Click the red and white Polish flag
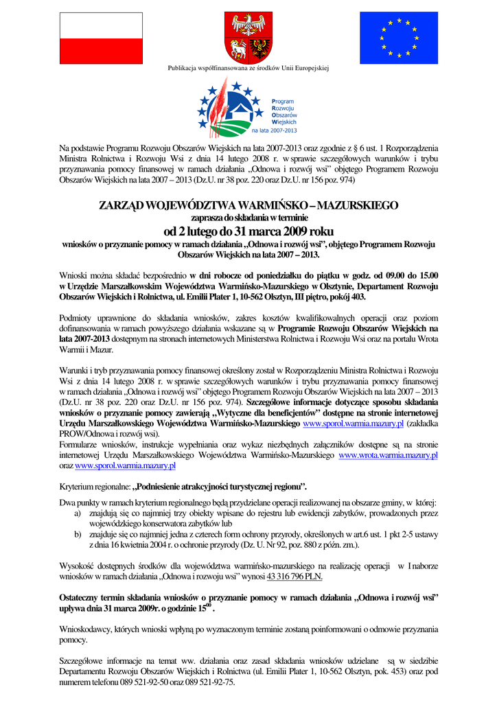point(101,38)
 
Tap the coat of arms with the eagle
point(248,38)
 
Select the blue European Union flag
point(398,38)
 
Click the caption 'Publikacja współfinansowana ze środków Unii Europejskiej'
point(248,68)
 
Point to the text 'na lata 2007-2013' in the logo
point(275,130)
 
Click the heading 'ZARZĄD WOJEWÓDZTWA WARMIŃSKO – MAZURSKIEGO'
point(248,205)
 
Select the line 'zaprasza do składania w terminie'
point(248,218)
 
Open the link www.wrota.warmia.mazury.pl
point(389,454)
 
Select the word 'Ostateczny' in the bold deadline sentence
point(83,598)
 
